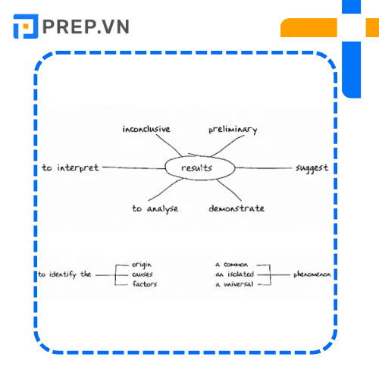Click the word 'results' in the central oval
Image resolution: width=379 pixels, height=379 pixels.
click(196, 168)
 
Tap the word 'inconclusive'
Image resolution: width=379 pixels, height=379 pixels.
click(146, 129)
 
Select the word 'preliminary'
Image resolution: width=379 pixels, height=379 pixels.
click(233, 130)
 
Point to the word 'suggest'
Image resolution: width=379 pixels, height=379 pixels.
click(312, 168)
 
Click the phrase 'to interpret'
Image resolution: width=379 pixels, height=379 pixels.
click(70, 168)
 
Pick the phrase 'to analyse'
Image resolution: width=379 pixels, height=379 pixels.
click(155, 209)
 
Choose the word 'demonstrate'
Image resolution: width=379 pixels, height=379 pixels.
click(236, 208)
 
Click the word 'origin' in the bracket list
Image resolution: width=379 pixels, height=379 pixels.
click(142, 265)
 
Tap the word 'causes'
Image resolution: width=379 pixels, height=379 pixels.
click(143, 274)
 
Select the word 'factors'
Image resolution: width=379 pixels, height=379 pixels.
click(145, 284)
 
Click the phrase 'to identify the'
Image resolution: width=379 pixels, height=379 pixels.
click(64, 274)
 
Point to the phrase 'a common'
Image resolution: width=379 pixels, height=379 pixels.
click(232, 265)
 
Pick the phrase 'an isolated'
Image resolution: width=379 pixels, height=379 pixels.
click(235, 274)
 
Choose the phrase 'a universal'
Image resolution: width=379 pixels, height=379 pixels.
click(234, 284)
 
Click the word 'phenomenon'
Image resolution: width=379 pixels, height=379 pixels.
click(312, 274)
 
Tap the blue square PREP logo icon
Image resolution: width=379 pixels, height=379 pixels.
click(26, 27)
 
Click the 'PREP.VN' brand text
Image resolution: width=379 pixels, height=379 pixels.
click(86, 27)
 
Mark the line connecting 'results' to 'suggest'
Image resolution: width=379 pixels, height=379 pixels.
click(263, 168)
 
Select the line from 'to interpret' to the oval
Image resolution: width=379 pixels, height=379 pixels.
click(134, 168)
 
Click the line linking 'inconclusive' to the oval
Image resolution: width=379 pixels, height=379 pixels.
click(169, 145)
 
